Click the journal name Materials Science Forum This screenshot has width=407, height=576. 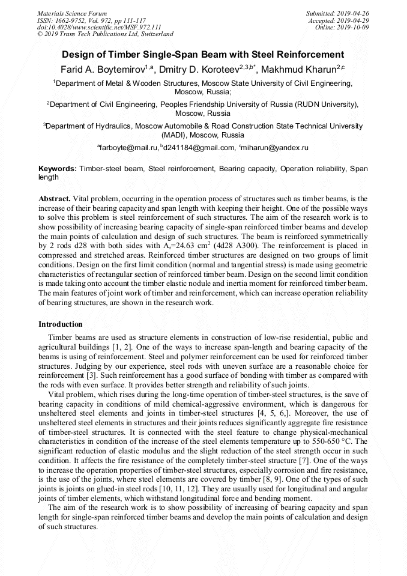(x=72, y=13)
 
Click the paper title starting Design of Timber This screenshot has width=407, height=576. (x=203, y=54)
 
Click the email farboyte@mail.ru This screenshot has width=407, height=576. (x=128, y=147)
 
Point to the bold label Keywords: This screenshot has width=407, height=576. (x=57, y=169)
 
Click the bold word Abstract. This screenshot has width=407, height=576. (x=54, y=198)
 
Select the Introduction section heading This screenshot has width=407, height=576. (x=61, y=324)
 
